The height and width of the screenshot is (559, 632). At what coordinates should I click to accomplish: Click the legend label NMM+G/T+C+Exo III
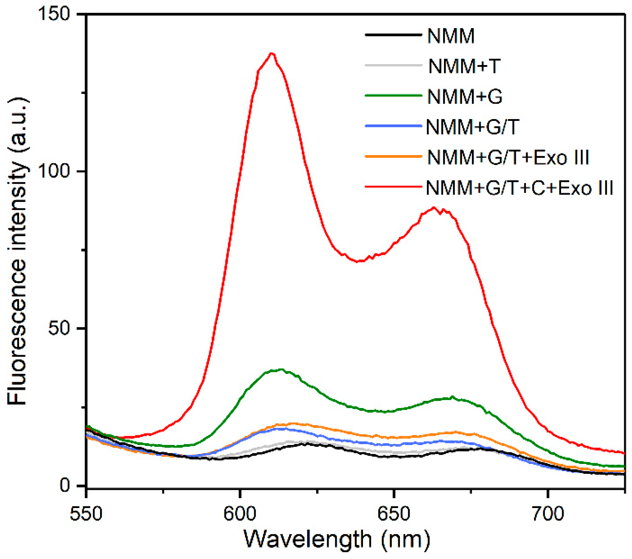[519, 188]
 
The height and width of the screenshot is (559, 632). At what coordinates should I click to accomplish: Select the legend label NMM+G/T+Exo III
[508, 157]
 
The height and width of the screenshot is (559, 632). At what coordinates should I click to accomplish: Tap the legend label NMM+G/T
[472, 127]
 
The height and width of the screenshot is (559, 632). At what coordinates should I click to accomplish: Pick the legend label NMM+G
[465, 97]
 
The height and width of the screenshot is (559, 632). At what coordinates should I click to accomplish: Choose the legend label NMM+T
[464, 66]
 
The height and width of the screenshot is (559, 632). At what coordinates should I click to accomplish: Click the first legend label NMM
[451, 36]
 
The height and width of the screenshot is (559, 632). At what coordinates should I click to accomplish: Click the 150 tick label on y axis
[54, 14]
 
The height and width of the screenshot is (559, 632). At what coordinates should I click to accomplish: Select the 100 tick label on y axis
[54, 171]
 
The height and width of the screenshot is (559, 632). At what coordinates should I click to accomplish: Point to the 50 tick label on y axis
[60, 329]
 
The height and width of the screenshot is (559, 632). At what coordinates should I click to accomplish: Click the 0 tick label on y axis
[65, 486]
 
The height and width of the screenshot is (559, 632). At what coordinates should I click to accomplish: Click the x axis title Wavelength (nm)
[337, 539]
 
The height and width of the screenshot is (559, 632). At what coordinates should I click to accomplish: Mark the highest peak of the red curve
[271, 53]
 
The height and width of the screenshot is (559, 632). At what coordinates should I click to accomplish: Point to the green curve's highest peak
[281, 369]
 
